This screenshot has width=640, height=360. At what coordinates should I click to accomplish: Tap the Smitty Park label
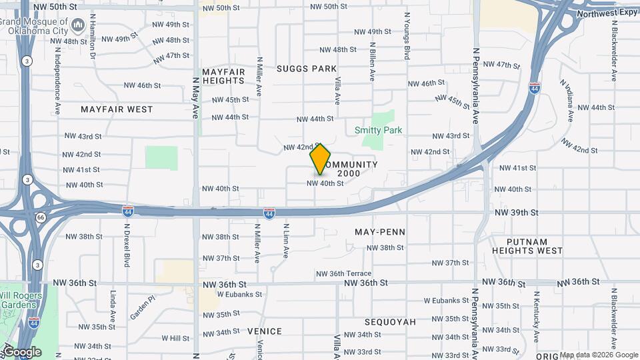click(x=379, y=130)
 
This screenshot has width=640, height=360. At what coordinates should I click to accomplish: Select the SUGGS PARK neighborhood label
click(x=307, y=68)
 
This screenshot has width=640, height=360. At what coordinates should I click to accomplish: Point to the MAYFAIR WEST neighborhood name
click(x=117, y=109)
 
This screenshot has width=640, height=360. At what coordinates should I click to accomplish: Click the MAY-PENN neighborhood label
click(x=380, y=232)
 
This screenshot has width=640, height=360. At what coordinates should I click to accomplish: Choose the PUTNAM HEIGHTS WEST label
click(x=527, y=246)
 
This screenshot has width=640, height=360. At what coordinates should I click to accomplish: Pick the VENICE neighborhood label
click(x=265, y=331)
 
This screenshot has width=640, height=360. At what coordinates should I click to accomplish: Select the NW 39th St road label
click(x=516, y=212)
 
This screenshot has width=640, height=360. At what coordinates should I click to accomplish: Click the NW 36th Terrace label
click(x=344, y=273)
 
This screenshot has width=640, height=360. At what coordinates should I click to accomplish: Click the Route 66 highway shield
click(x=41, y=217)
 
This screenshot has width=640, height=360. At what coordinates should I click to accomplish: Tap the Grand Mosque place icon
click(x=77, y=26)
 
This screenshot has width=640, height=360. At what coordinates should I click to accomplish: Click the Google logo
click(x=22, y=351)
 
